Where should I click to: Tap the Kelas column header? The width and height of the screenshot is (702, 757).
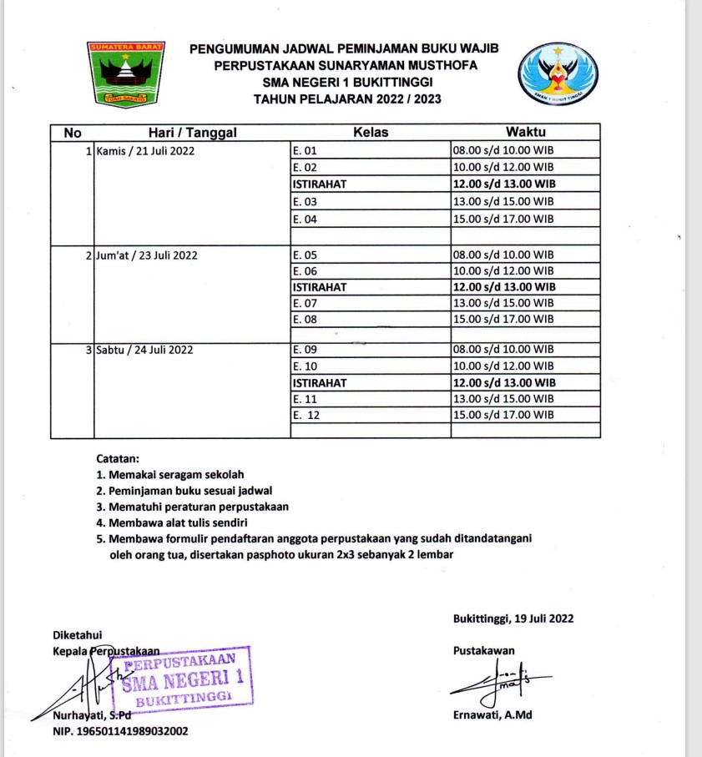(x=370, y=132)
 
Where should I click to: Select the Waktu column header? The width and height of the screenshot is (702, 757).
(x=526, y=132)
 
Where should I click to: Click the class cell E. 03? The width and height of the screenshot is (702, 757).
(x=306, y=202)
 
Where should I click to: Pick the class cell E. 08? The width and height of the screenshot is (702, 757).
(x=306, y=319)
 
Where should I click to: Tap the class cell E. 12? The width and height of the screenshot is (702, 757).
(x=307, y=414)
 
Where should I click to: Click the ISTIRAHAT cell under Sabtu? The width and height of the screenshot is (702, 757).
(x=320, y=382)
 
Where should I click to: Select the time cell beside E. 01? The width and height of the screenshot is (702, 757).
(x=503, y=151)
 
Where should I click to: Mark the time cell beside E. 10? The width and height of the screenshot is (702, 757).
(x=503, y=366)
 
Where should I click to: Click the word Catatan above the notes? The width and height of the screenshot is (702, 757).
(x=118, y=458)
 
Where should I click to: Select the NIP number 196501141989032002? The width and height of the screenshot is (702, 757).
(x=120, y=731)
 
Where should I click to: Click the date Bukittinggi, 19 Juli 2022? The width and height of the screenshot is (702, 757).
(x=513, y=618)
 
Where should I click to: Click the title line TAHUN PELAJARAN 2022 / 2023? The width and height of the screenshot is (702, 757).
(x=348, y=98)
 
